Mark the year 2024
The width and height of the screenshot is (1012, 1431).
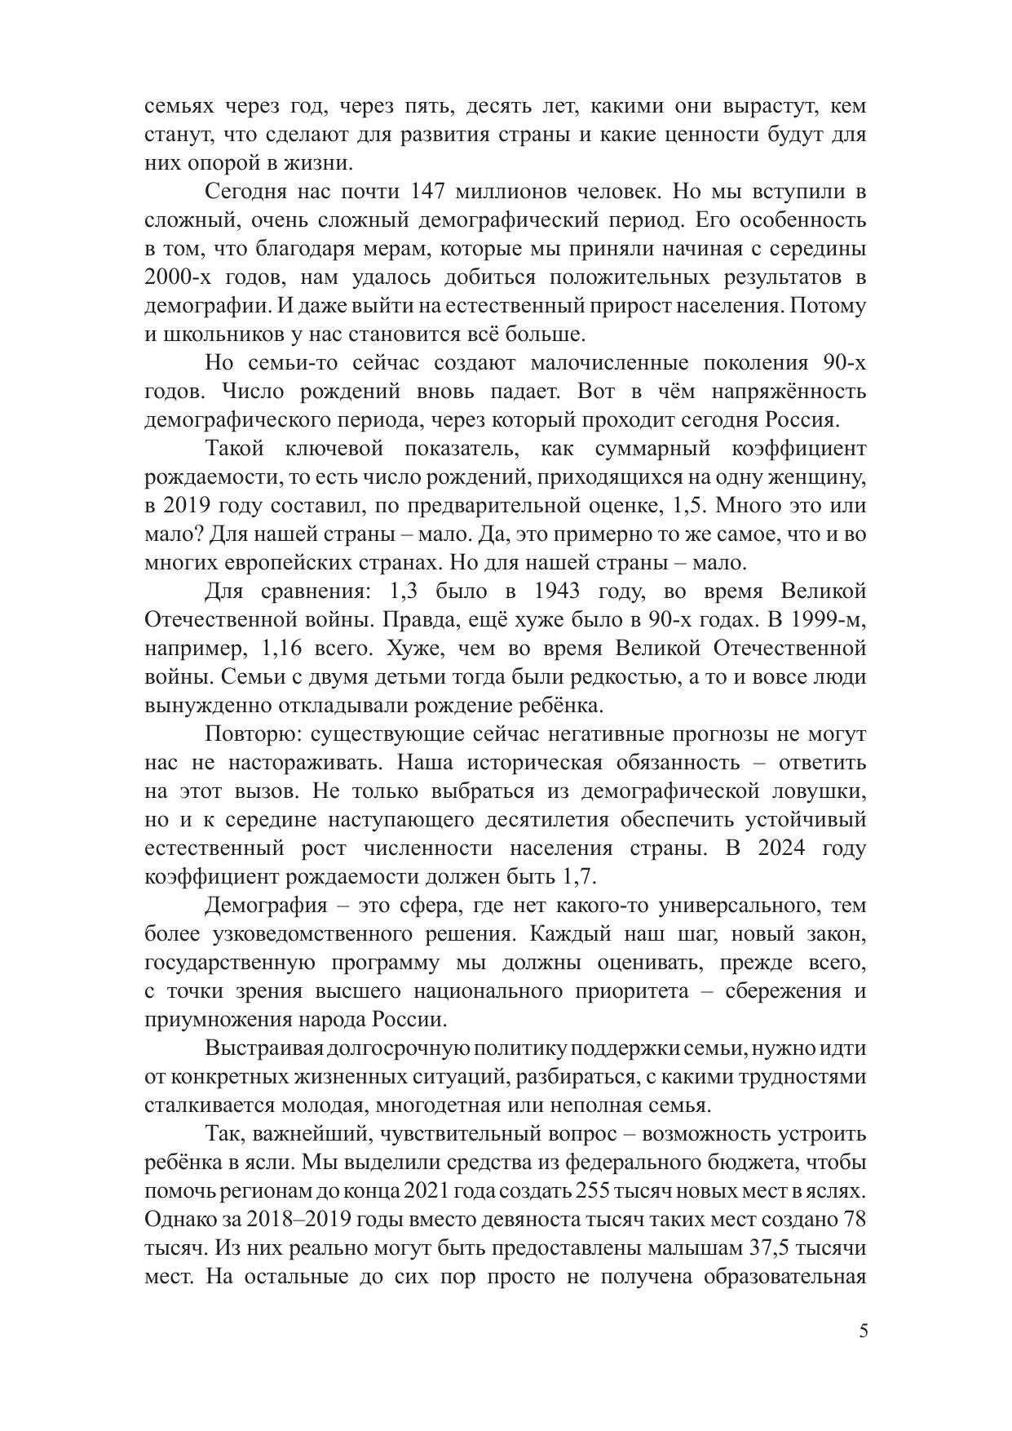click(781, 848)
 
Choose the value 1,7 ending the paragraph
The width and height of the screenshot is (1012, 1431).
click(580, 876)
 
